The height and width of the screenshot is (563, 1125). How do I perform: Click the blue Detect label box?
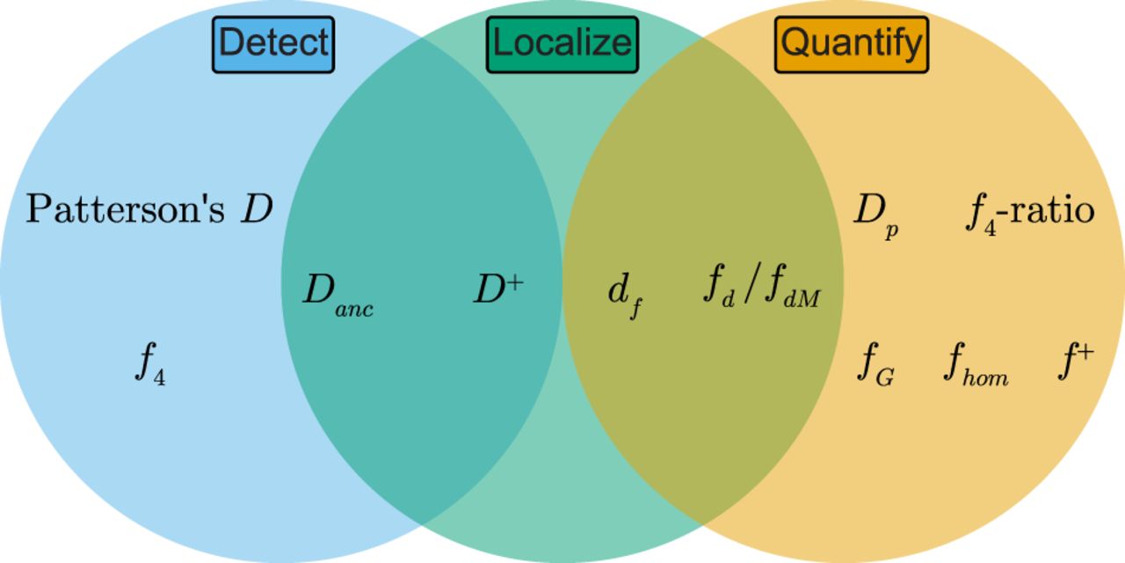(273, 45)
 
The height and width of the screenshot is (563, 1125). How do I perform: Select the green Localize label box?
(562, 45)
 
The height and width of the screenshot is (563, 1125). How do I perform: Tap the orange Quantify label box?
(852, 45)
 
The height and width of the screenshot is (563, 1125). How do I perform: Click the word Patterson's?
(125, 208)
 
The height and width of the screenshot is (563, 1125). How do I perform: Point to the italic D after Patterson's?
(257, 208)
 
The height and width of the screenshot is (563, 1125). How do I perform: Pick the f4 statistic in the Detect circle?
(150, 363)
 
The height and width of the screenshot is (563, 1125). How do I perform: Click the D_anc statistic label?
(338, 295)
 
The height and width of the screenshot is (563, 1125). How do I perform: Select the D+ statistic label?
(498, 289)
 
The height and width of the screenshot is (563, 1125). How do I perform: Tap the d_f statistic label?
(625, 296)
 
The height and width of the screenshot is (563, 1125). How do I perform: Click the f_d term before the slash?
(719, 286)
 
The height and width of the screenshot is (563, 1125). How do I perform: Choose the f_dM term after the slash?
(793, 286)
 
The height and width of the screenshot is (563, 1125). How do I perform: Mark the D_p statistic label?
(876, 216)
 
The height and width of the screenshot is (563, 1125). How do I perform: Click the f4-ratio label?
(1030, 215)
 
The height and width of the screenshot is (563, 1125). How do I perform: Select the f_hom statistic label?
(976, 364)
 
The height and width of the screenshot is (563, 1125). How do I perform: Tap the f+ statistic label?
(1076, 361)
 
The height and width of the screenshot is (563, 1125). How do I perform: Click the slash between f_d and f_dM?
(750, 284)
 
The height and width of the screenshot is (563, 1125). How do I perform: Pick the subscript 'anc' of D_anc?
(354, 309)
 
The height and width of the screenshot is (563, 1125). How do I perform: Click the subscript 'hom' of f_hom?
(985, 377)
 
